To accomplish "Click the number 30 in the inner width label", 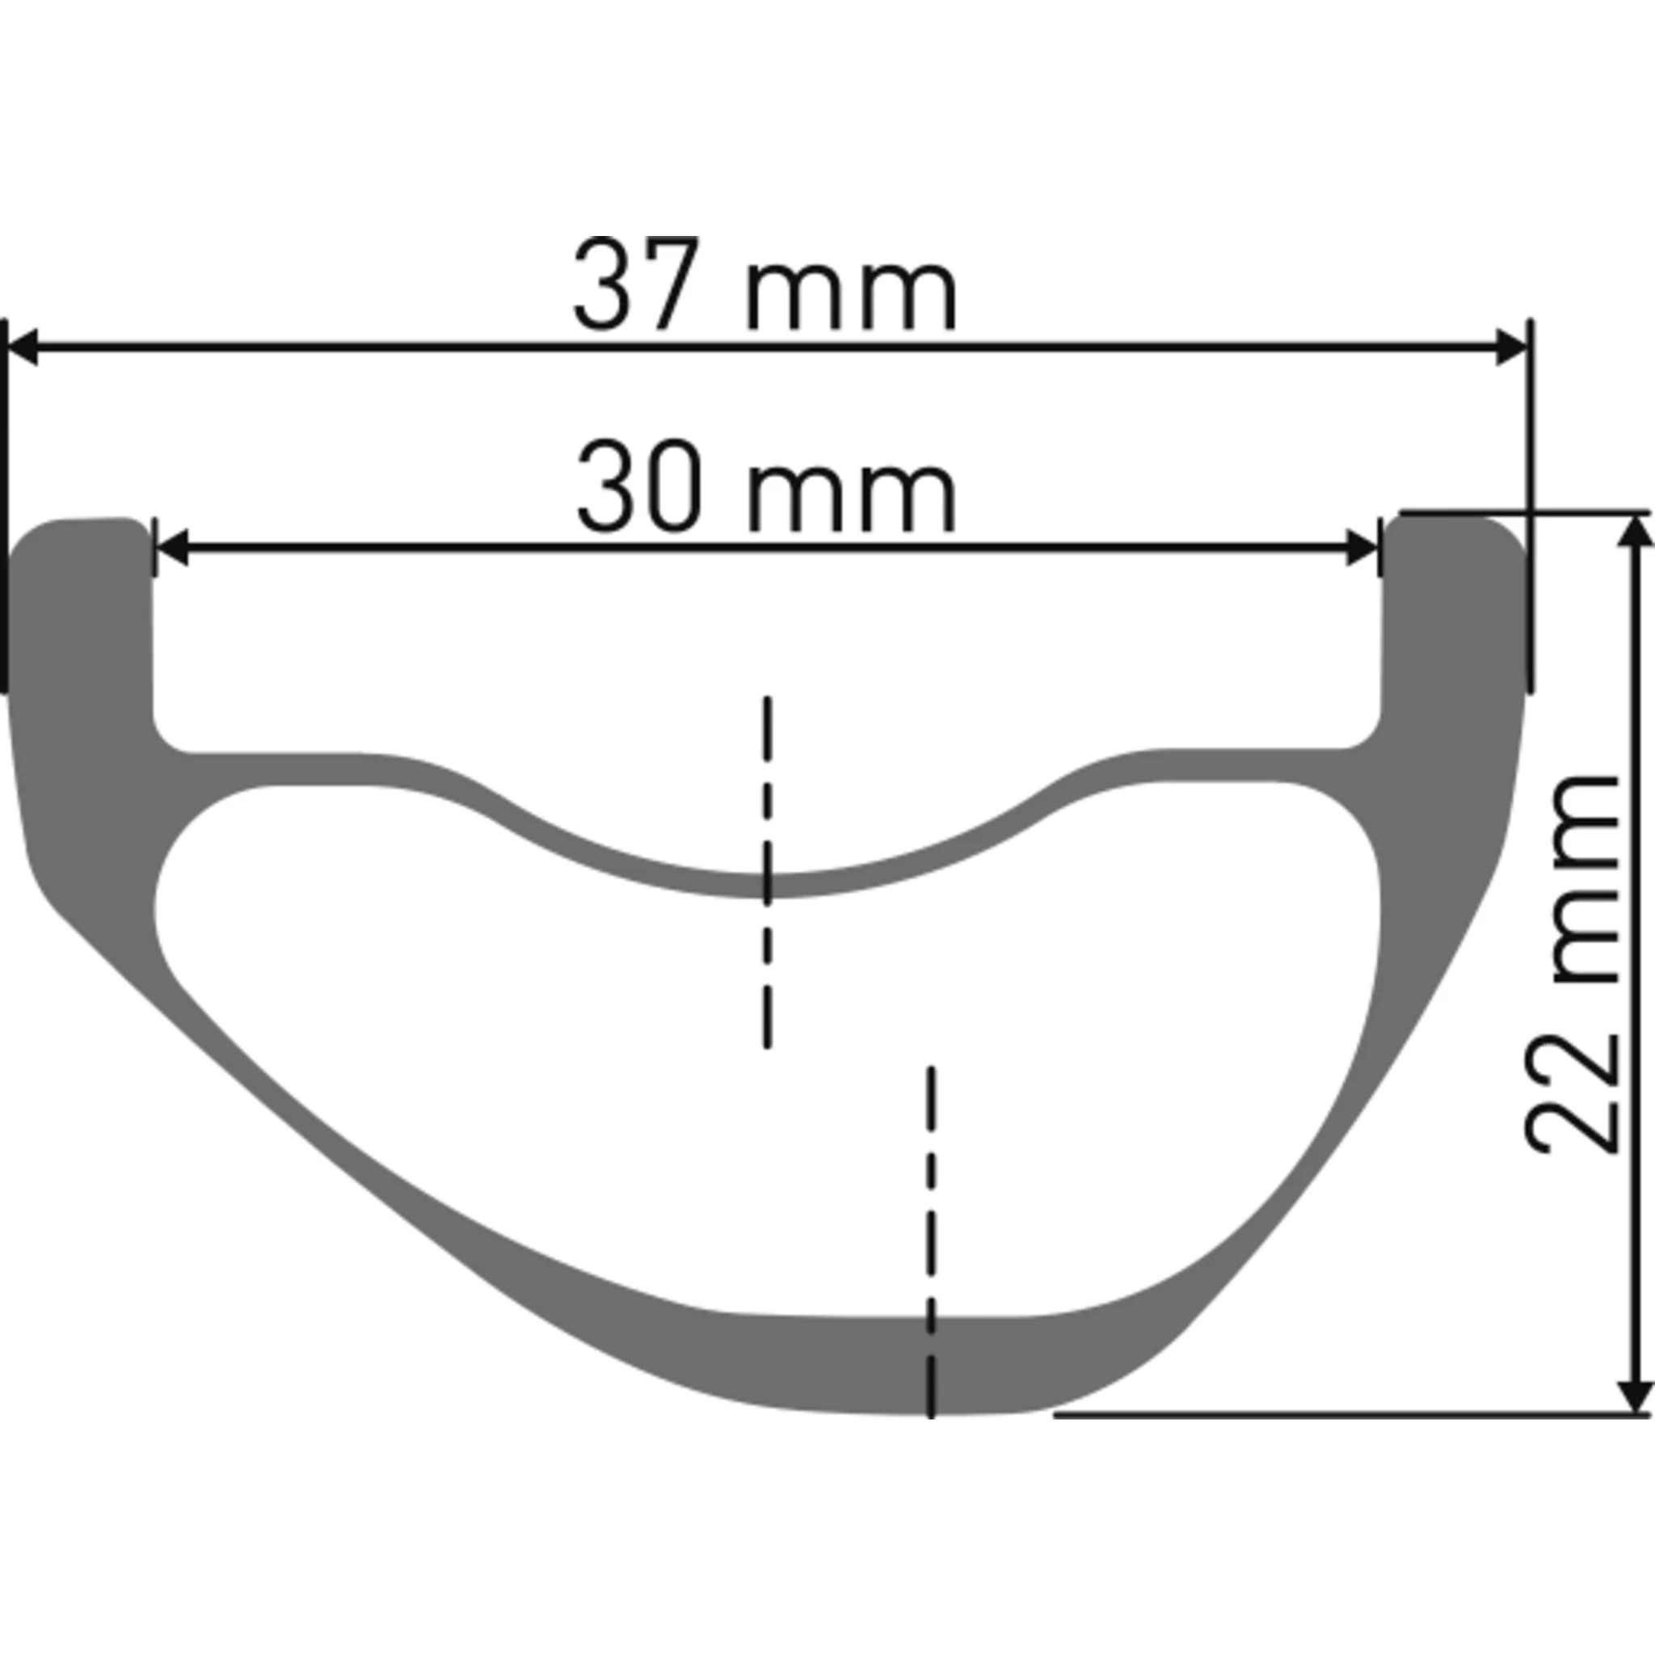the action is coord(640,486).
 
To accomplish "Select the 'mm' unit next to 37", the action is coord(852,294).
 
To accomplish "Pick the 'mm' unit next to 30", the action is coord(852,495).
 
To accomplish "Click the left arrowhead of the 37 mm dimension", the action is coord(20,347).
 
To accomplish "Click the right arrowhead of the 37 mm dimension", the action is coord(1512,347).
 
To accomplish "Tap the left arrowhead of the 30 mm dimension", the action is coord(171,547).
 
